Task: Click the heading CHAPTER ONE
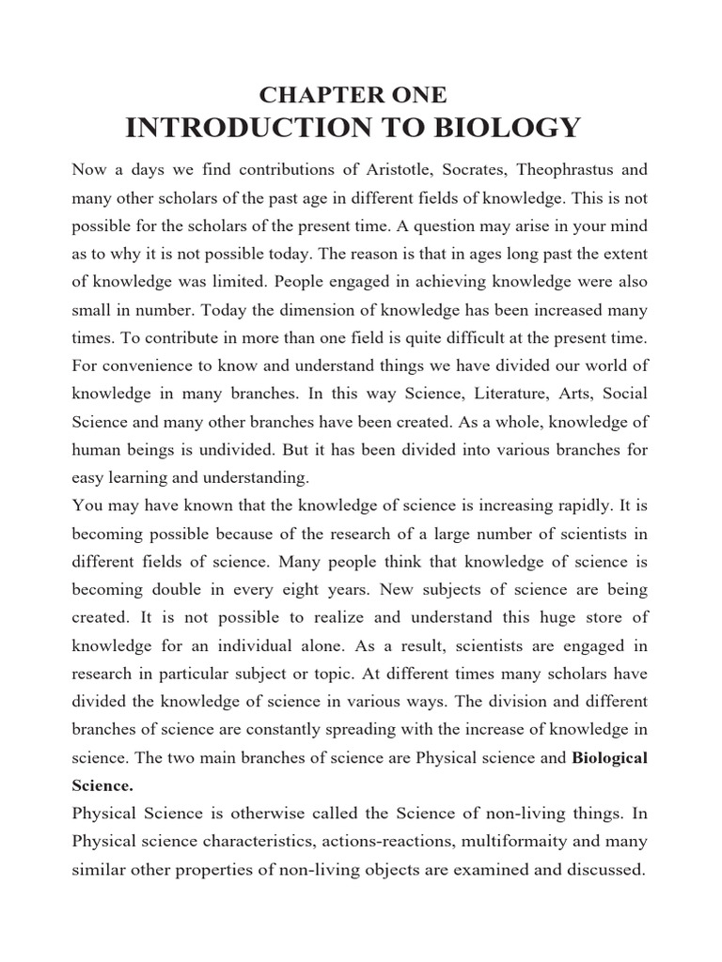point(353,94)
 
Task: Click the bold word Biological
point(610,758)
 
